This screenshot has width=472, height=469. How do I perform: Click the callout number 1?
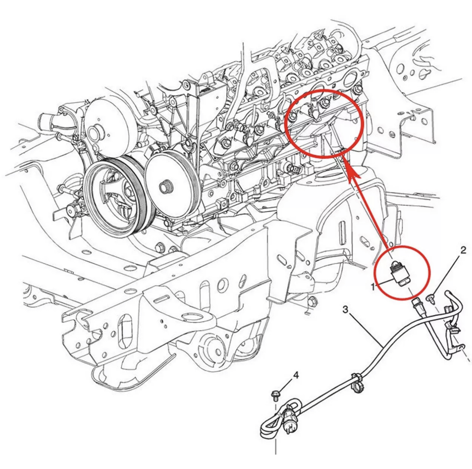(x=373, y=287)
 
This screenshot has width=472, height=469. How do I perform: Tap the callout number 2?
(x=462, y=250)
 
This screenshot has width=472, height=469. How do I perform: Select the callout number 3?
(x=345, y=310)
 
